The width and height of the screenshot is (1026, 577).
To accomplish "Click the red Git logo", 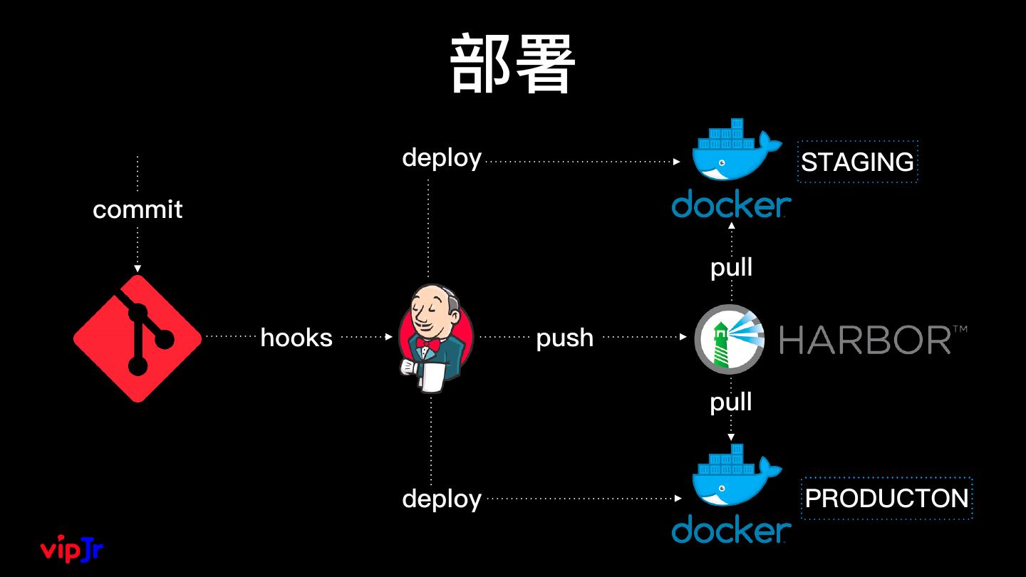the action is [138, 338].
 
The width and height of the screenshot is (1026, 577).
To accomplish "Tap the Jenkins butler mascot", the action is [435, 338].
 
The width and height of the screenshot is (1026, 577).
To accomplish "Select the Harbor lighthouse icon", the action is [729, 339].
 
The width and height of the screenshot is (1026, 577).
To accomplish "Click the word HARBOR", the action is [865, 340].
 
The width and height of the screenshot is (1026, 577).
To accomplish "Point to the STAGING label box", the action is [857, 162].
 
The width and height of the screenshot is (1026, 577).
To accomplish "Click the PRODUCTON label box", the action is [887, 498].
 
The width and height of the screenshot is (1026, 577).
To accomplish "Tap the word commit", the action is [138, 209].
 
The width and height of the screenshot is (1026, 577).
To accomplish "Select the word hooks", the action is [296, 338].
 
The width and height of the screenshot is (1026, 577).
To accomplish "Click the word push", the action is [565, 339].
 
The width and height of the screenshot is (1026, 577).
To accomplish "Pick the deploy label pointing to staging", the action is [442, 158].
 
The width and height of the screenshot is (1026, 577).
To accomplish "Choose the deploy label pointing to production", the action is [442, 499].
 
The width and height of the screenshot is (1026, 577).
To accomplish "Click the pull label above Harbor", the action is [732, 267].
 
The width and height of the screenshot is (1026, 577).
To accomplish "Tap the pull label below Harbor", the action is [731, 402].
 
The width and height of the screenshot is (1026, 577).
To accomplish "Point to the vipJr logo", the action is [72, 549].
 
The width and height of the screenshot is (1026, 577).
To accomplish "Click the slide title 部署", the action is [512, 63].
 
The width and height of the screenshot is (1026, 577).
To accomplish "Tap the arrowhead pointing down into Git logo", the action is [138, 269].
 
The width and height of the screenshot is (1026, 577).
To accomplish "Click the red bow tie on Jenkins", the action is [427, 344].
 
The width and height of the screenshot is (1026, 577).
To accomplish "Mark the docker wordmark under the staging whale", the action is [732, 204].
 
